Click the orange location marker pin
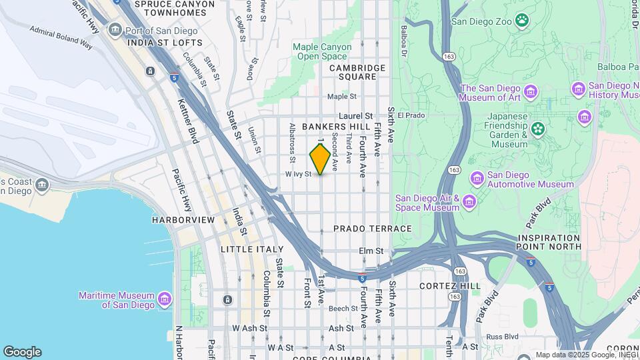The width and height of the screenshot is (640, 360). click(x=320, y=159)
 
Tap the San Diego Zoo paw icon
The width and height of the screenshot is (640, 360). click(x=521, y=21)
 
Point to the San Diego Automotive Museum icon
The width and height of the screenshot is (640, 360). click(x=477, y=178)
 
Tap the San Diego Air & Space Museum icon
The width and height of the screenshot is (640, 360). click(x=469, y=201)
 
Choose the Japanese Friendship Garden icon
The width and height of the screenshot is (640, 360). click(x=537, y=128)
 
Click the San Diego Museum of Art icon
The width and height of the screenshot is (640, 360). click(x=531, y=91)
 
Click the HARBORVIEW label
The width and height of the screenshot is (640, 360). click(x=183, y=220)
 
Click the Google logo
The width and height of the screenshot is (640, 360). click(x=22, y=352)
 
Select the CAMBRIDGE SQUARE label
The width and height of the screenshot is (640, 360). click(x=357, y=72)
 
